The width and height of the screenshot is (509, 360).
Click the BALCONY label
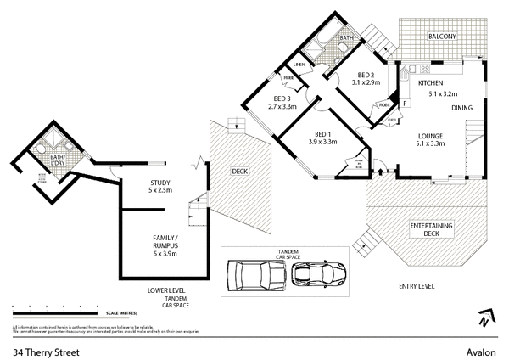[x=442, y=37]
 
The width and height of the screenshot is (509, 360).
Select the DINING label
[x=462, y=108]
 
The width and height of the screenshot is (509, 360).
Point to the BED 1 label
[x=322, y=134]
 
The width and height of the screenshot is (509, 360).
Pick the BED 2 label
[x=366, y=74]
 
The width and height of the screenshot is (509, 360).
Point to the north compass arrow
[x=483, y=319]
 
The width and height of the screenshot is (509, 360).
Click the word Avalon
[x=480, y=348]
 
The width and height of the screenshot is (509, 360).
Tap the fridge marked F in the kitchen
[x=406, y=102]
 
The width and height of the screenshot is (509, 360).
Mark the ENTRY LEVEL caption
[x=416, y=287]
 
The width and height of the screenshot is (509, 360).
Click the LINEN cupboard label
[x=299, y=65]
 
